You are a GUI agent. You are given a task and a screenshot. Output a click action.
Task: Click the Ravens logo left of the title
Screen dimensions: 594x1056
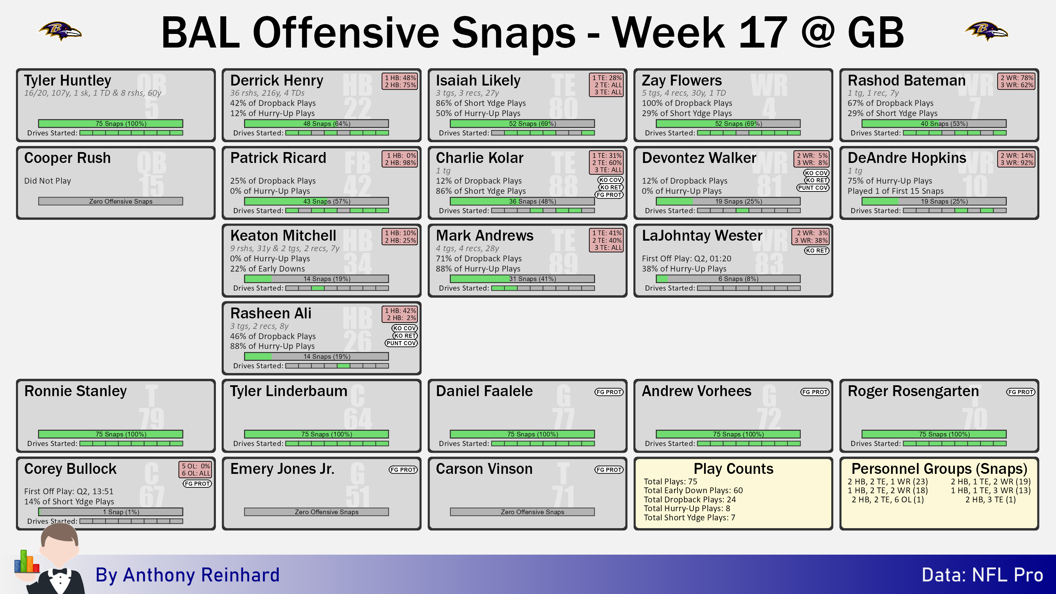(60, 31)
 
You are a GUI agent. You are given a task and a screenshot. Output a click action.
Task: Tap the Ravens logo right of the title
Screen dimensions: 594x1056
(986, 31)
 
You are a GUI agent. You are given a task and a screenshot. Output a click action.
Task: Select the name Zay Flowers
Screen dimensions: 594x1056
(681, 80)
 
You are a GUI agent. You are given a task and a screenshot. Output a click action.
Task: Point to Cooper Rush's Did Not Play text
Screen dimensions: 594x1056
(48, 181)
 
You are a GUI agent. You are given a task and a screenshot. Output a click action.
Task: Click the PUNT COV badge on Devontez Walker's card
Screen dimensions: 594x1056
(813, 188)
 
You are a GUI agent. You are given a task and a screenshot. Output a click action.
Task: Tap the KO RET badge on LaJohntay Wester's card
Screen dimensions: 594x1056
(816, 250)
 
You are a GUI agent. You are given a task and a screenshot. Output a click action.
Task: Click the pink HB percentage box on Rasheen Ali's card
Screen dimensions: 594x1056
(400, 314)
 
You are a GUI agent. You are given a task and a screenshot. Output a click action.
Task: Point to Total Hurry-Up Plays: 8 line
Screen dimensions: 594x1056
(687, 508)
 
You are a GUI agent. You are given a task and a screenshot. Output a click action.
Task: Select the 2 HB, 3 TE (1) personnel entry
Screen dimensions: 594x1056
(990, 499)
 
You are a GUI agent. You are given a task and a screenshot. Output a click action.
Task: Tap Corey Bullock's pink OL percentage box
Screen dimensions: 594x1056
(196, 469)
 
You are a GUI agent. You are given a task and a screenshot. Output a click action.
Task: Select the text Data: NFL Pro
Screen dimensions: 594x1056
(982, 575)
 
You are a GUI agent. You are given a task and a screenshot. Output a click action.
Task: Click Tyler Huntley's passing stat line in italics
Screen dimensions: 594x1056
(93, 93)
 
